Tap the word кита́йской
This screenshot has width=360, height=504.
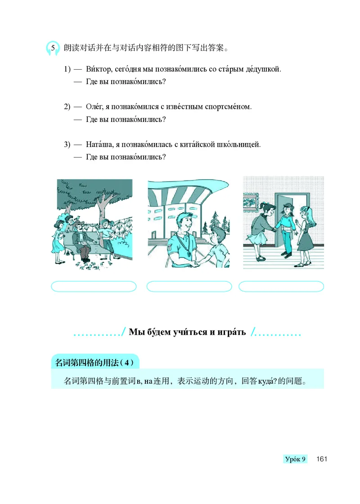point(201,144)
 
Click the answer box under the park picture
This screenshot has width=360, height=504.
point(94,287)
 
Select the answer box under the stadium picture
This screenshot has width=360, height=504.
point(189,287)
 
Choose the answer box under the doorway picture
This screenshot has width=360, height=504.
point(281,287)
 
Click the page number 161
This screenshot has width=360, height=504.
point(321,459)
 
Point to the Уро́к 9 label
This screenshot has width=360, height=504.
point(295,459)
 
